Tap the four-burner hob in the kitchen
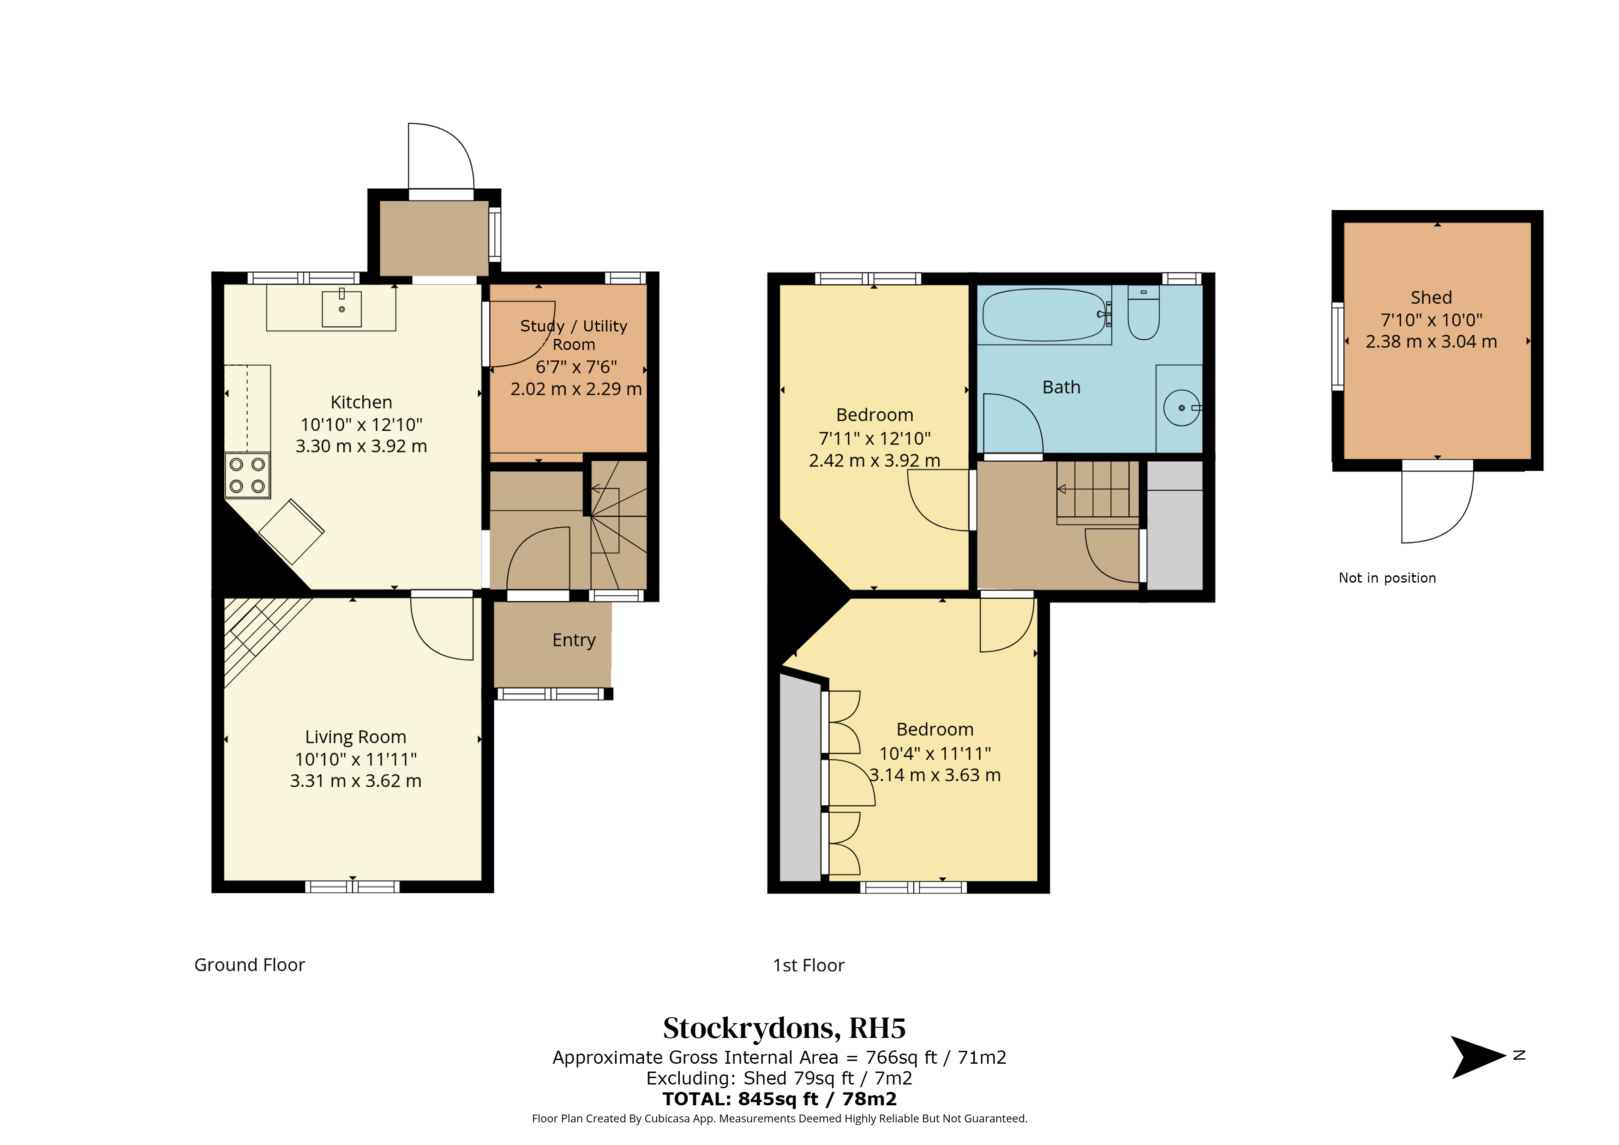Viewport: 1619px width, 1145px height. tap(247, 476)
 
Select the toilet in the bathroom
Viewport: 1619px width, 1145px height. tap(1143, 313)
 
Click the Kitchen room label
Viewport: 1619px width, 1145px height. tap(361, 402)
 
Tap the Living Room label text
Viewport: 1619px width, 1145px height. tap(355, 737)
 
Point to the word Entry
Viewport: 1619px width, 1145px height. tap(574, 640)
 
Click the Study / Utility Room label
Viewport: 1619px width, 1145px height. tap(574, 335)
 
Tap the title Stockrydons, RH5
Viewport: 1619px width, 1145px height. tap(784, 1029)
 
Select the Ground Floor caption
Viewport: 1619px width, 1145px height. tap(250, 965)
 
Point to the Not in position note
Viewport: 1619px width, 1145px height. tap(1387, 578)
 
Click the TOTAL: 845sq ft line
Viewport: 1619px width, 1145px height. tap(779, 1099)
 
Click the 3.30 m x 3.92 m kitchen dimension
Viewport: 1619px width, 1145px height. tap(361, 446)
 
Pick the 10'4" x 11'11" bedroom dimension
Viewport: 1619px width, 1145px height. tap(935, 753)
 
